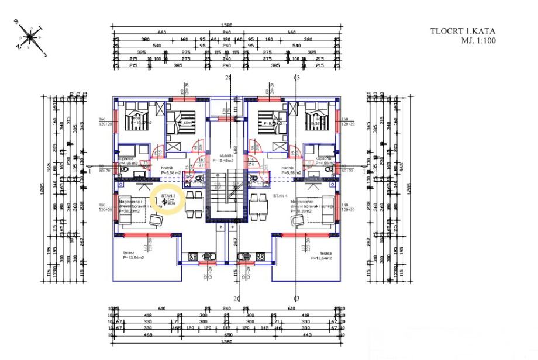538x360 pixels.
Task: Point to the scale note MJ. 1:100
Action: click(463, 41)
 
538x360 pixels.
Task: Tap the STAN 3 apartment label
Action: click(168, 197)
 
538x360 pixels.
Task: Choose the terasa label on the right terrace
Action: click(320, 252)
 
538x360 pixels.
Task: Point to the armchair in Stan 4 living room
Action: click(296, 220)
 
